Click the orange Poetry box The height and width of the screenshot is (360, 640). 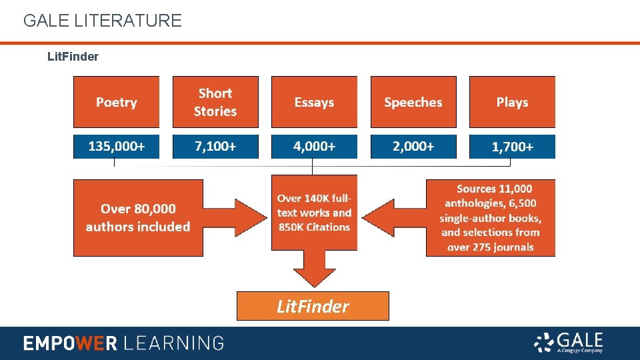(x=116, y=102)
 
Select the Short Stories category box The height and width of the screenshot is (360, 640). (x=215, y=102)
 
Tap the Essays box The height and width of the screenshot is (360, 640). (x=314, y=102)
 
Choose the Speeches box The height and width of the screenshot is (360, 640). (x=413, y=102)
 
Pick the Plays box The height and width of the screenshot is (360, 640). (x=512, y=102)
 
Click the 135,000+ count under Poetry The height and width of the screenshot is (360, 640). (x=116, y=147)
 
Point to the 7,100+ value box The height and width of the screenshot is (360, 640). (x=215, y=147)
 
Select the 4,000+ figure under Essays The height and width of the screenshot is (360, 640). (x=314, y=147)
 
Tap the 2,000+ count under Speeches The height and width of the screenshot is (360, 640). (x=413, y=147)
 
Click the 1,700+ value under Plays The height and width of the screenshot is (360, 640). (x=512, y=147)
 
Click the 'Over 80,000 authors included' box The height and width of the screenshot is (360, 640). (x=138, y=218)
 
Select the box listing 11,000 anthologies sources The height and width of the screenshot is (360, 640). (x=491, y=218)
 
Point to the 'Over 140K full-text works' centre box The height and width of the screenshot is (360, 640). (x=314, y=213)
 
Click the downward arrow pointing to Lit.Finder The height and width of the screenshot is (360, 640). (x=314, y=269)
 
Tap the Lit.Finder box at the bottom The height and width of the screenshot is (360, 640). (x=313, y=306)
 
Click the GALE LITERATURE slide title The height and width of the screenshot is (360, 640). (x=102, y=21)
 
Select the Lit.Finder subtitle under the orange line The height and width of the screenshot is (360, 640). (x=73, y=57)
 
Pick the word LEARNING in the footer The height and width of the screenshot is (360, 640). (x=174, y=343)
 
